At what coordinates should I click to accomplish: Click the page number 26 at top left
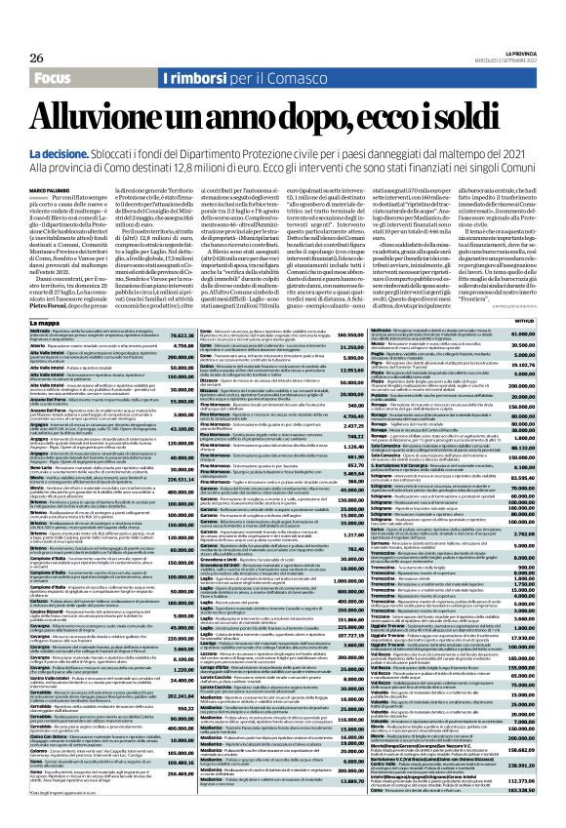coord(21,31)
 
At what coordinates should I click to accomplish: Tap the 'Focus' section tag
coord(38,50)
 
